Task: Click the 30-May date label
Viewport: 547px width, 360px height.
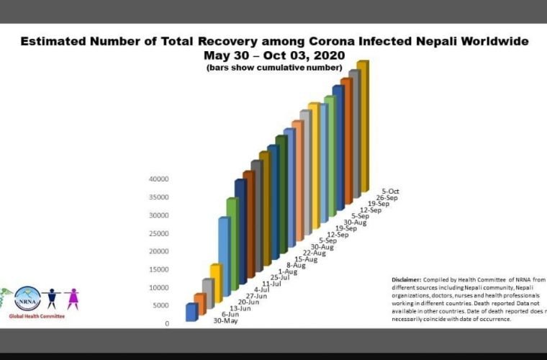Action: click(x=225, y=320)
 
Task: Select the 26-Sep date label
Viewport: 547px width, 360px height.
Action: click(x=386, y=198)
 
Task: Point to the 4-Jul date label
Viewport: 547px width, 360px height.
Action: click(x=262, y=289)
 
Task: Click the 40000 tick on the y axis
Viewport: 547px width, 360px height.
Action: click(x=158, y=179)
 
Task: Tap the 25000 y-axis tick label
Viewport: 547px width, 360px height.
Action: click(x=158, y=233)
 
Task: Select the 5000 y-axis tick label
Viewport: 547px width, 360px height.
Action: click(x=161, y=305)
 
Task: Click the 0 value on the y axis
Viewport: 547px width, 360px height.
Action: click(x=166, y=323)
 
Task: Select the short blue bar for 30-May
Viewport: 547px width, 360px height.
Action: click(x=191, y=312)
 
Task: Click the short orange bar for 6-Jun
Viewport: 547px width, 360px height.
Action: click(x=199, y=305)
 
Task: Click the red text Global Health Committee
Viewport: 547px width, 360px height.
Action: click(x=37, y=316)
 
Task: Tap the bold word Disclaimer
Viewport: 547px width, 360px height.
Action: click(x=407, y=279)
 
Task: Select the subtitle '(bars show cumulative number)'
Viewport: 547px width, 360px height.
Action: click(x=274, y=68)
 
